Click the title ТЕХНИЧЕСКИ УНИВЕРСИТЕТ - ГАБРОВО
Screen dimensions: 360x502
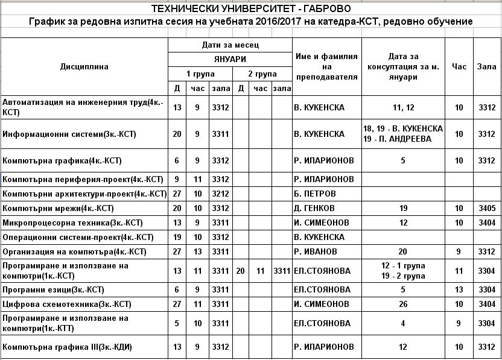point(250,9)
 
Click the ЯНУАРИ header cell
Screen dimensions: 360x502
point(230,59)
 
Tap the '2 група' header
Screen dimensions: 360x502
point(262,74)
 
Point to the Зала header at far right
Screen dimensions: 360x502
point(486,66)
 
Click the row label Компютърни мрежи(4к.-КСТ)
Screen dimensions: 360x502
point(59,209)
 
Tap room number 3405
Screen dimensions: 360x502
point(486,209)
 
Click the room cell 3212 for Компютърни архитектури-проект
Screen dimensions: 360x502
point(221,194)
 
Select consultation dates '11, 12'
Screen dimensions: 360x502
point(403,108)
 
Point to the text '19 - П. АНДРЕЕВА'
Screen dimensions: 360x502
point(403,139)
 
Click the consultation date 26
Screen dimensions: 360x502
point(403,304)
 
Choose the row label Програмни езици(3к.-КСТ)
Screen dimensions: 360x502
point(54,289)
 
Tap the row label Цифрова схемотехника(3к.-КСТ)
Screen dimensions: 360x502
point(67,304)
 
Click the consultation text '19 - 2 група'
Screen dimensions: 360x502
point(403,276)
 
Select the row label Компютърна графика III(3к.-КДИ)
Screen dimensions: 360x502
point(68,347)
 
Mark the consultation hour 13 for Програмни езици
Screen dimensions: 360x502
point(459,289)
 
